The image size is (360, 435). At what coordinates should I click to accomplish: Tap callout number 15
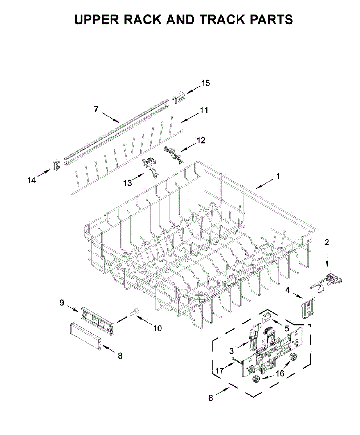coord(205,83)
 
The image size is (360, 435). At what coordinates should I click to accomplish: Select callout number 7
coord(96,109)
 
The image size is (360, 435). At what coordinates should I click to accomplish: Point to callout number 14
coord(32,180)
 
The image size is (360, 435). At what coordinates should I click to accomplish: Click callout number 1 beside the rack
coord(278,177)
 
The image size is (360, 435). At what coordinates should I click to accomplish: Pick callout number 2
coord(327,243)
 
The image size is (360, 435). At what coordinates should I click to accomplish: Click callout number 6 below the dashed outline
coord(211,398)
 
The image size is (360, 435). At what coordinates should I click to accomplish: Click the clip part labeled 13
coord(151,167)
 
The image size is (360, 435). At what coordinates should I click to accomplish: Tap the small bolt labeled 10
coord(134,311)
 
